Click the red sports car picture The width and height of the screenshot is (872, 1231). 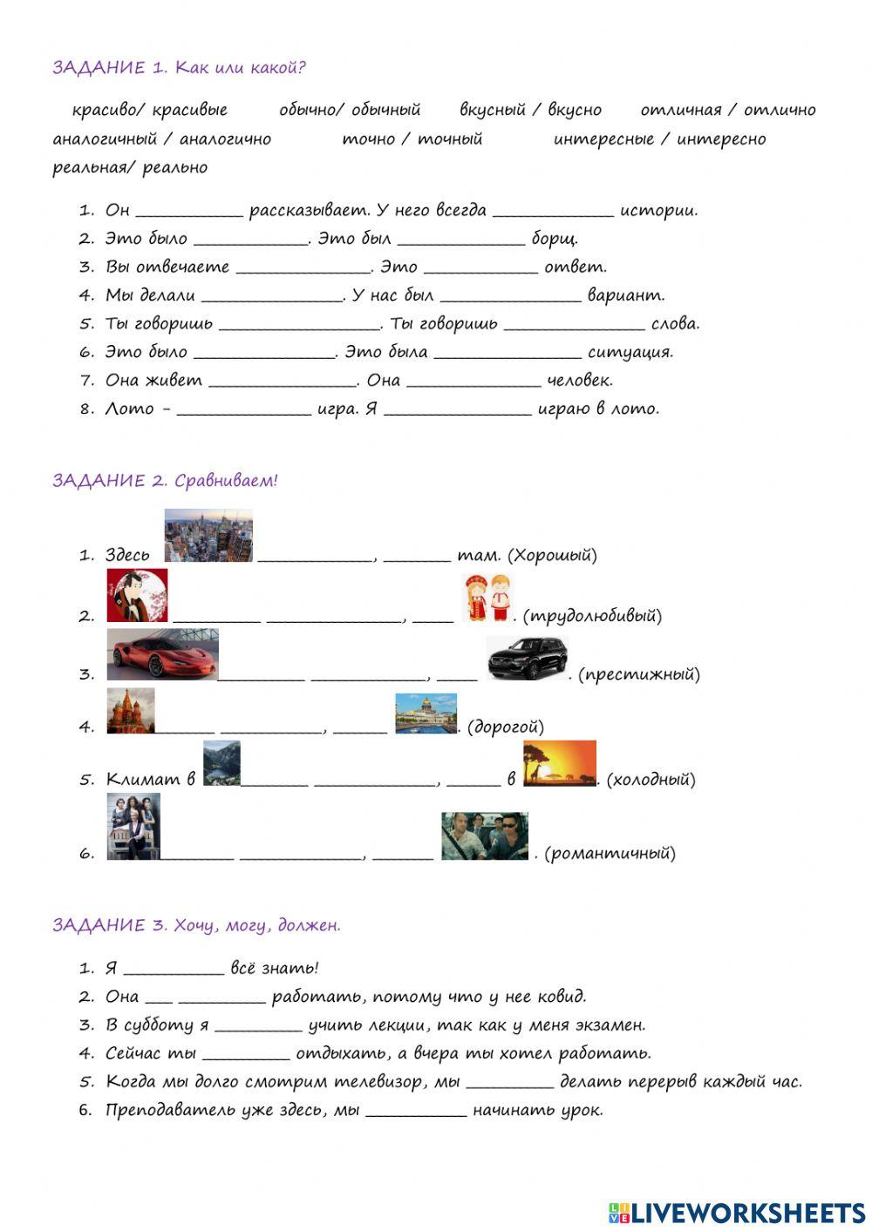coord(162,654)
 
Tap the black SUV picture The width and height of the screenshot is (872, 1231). coord(527,659)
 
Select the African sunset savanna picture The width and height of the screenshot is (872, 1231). coord(559,764)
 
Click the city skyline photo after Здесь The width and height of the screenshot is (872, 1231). coord(208,535)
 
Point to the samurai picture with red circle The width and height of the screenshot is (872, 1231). coord(137,596)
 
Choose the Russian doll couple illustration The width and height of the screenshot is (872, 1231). coord(487,599)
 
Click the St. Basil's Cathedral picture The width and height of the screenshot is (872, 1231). coord(130,711)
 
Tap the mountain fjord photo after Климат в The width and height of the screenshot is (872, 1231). coord(221,764)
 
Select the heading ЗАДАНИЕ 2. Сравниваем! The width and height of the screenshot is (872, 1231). coord(165,480)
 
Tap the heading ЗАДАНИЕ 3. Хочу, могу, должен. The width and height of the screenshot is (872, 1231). coord(196,925)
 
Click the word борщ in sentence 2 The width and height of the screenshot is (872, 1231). coord(555,239)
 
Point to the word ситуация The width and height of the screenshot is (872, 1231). coord(630,352)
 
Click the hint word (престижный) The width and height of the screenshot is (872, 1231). coord(639,673)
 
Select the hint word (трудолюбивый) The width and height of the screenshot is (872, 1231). coord(592,616)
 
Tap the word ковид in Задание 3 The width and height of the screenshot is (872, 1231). coord(562,996)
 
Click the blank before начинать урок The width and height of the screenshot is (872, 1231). coord(416,1112)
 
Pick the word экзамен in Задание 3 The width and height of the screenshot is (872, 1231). coord(610,1025)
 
